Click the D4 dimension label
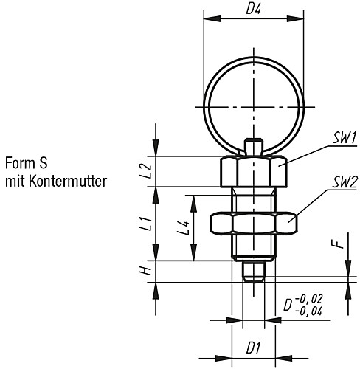[254, 9]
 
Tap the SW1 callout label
[344, 139]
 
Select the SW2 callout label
[345, 182]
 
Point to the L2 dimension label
[147, 171]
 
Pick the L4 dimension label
[184, 228]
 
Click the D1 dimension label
[254, 348]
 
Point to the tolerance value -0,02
[308, 300]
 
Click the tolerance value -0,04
[308, 311]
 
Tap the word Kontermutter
[68, 182]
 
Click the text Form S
[27, 163]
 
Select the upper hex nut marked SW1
[254, 172]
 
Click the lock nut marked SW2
[254, 223]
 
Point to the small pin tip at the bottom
[254, 271]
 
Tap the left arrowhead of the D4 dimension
[212, 18]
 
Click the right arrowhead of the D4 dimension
[295, 18]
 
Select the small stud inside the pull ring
[254, 148]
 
